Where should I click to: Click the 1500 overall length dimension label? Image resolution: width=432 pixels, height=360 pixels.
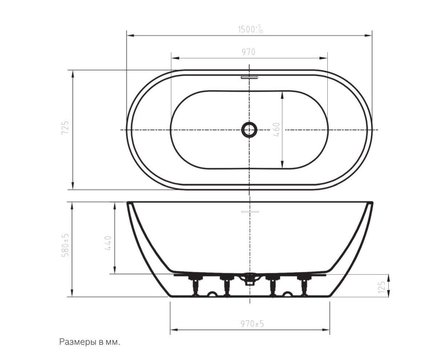250,29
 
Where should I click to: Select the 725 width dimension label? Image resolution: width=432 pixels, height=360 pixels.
65,128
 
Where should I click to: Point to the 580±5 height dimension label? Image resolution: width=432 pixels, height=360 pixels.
65,245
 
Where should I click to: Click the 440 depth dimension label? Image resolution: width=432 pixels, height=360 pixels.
108,243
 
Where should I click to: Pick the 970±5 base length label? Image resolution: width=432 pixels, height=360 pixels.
252,323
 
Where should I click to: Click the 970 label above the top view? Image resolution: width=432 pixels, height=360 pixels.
249,52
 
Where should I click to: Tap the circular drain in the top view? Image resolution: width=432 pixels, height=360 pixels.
249,129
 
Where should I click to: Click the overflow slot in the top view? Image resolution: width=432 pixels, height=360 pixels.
250,77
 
